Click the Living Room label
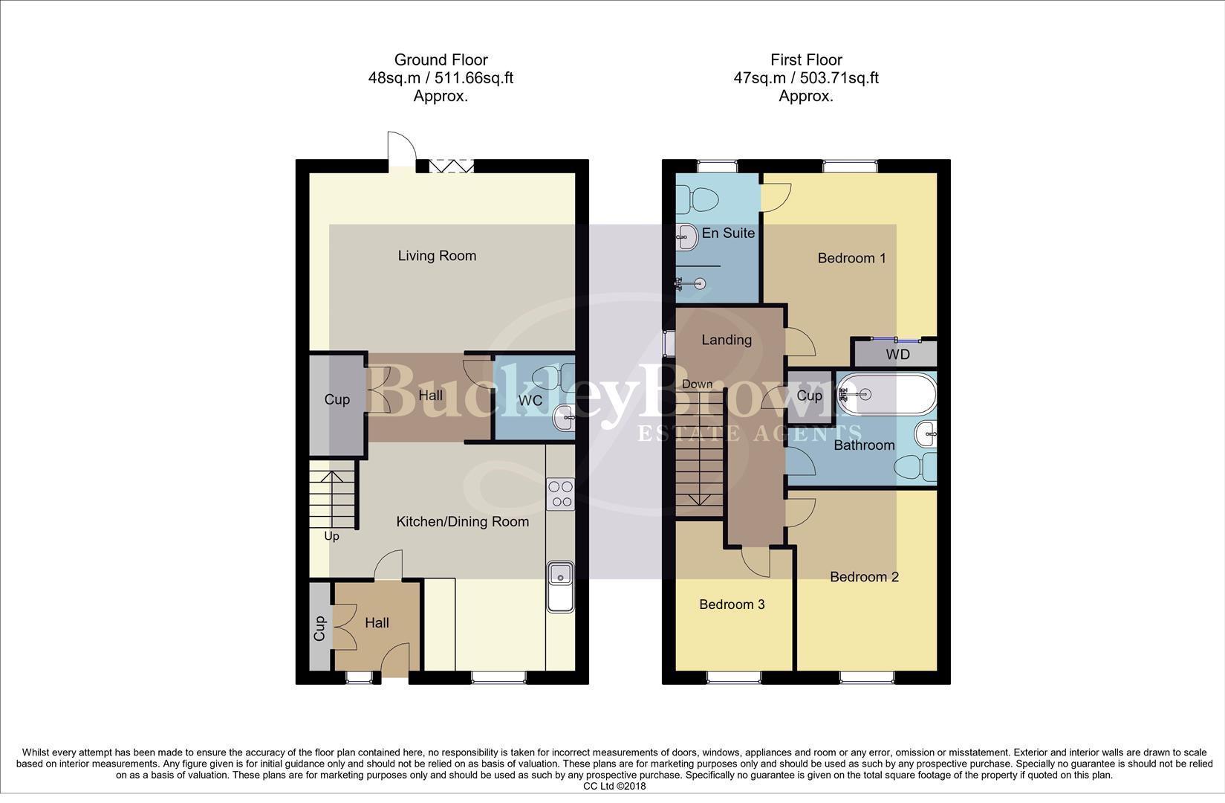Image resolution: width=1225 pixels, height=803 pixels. pyautogui.click(x=437, y=256)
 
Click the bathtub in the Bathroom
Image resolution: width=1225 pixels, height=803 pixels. pyautogui.click(x=886, y=394)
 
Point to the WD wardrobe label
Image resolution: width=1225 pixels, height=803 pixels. pyautogui.click(x=897, y=355)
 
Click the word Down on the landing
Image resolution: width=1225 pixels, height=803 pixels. pyautogui.click(x=697, y=384)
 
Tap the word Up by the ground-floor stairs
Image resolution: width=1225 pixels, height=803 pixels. pyautogui.click(x=331, y=536)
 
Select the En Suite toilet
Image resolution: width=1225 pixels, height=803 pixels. pyautogui.click(x=699, y=198)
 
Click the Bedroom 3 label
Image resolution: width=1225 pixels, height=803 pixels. pyautogui.click(x=732, y=604)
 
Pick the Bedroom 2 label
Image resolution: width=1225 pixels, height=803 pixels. pyautogui.click(x=864, y=577)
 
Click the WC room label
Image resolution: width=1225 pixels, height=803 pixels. pyautogui.click(x=530, y=401)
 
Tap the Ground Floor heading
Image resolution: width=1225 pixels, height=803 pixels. pyautogui.click(x=441, y=59)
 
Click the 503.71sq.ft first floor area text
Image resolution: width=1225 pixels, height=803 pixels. pyautogui.click(x=838, y=78)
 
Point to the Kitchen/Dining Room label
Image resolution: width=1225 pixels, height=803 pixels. pyautogui.click(x=462, y=522)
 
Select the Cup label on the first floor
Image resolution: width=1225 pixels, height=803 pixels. pyautogui.click(x=809, y=396)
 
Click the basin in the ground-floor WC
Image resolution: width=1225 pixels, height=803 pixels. pyautogui.click(x=565, y=421)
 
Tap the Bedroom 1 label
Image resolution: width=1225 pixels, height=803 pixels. pyautogui.click(x=851, y=258)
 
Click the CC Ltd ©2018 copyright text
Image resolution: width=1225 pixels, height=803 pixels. pyautogui.click(x=614, y=786)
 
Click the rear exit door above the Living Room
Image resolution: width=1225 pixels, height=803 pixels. pyautogui.click(x=399, y=152)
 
